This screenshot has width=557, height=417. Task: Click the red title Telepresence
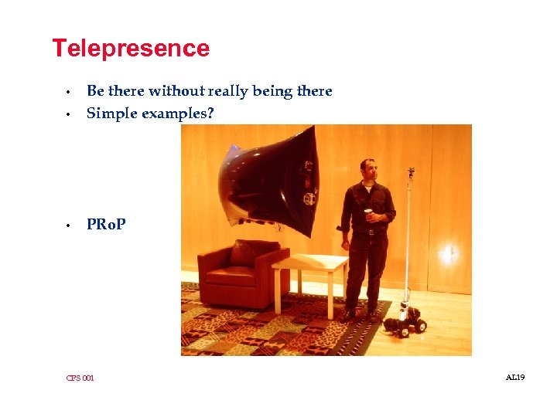pyautogui.click(x=130, y=49)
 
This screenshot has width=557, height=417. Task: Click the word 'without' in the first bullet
pyautogui.click(x=173, y=91)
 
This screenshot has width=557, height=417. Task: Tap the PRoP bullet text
pyautogui.click(x=106, y=225)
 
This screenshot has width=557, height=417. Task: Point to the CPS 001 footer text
pyautogui.click(x=80, y=378)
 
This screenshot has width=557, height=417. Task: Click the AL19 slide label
pyautogui.click(x=515, y=377)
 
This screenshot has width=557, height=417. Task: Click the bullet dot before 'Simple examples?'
pyautogui.click(x=69, y=114)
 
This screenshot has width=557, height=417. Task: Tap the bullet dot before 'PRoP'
pyautogui.click(x=69, y=225)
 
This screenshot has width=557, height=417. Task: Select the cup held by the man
pyautogui.click(x=368, y=213)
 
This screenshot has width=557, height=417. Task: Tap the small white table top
pyautogui.click(x=309, y=262)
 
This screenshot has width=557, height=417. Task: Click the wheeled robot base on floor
pyautogui.click(x=407, y=320)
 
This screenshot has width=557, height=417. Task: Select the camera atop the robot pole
pyautogui.click(x=411, y=171)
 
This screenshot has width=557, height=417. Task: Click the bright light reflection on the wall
pyautogui.click(x=448, y=253)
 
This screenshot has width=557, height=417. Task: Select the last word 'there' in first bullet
pyautogui.click(x=314, y=91)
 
